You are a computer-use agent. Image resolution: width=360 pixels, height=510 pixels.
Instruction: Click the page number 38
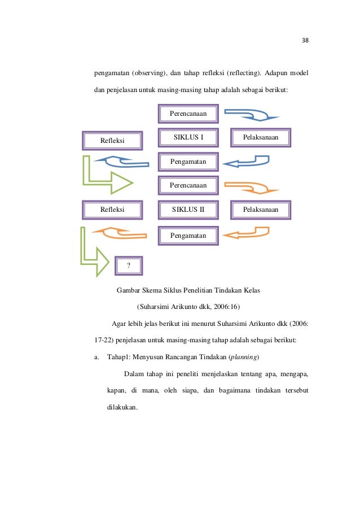(306, 40)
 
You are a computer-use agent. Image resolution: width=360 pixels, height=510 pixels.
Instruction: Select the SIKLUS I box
(188, 137)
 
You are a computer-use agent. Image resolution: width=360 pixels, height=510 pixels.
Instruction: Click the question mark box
(129, 265)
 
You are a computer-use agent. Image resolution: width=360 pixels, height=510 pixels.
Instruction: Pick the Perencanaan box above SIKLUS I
(188, 114)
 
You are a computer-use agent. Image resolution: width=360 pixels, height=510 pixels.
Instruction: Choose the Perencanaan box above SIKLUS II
(188, 185)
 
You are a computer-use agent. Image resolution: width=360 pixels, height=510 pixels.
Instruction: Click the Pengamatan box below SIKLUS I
(188, 162)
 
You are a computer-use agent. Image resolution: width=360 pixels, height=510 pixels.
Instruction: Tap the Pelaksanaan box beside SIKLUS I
(261, 137)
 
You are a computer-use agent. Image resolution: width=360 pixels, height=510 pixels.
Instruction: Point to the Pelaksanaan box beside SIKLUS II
(261, 210)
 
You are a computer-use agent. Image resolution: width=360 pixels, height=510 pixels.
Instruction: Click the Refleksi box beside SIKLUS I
(112, 140)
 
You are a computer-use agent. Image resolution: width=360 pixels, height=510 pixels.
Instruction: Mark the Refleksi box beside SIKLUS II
(112, 210)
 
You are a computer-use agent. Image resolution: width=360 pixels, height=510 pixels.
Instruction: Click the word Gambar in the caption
(129, 291)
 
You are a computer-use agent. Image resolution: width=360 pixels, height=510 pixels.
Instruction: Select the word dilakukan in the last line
(122, 407)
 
